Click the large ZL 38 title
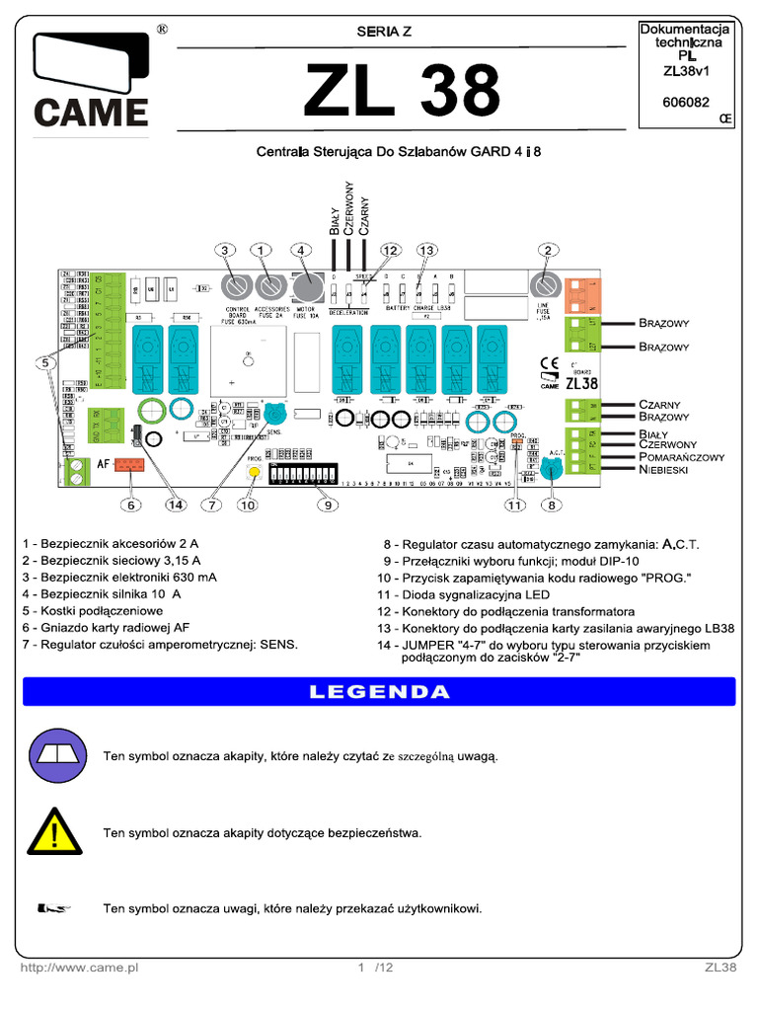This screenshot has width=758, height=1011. click(402, 93)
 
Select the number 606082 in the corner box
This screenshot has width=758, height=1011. click(684, 101)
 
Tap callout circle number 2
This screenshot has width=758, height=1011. click(546, 251)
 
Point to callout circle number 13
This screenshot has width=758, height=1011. click(426, 251)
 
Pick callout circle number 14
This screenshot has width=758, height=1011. click(176, 505)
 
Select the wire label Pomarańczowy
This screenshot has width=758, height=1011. click(681, 457)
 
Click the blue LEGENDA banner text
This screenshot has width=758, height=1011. click(379, 691)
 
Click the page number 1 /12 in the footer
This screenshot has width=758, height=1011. click(376, 969)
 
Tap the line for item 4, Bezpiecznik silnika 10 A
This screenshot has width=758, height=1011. click(106, 594)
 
